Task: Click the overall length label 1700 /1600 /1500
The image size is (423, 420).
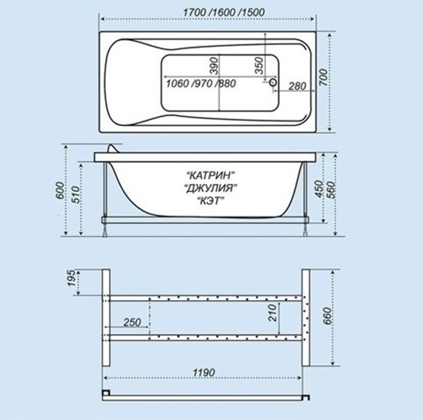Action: (x=224, y=13)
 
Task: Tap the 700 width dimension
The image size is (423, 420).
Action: (x=324, y=77)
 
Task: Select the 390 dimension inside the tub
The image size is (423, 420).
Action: (x=214, y=65)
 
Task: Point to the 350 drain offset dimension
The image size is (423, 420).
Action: (x=259, y=65)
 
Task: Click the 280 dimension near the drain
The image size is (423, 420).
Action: (x=297, y=86)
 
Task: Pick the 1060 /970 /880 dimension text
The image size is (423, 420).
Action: (x=201, y=83)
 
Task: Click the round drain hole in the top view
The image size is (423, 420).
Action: (x=273, y=82)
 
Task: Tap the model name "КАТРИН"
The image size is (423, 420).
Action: (x=210, y=175)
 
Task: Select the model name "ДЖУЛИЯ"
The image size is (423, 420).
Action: (x=210, y=188)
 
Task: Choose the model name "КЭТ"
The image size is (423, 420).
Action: (x=210, y=200)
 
